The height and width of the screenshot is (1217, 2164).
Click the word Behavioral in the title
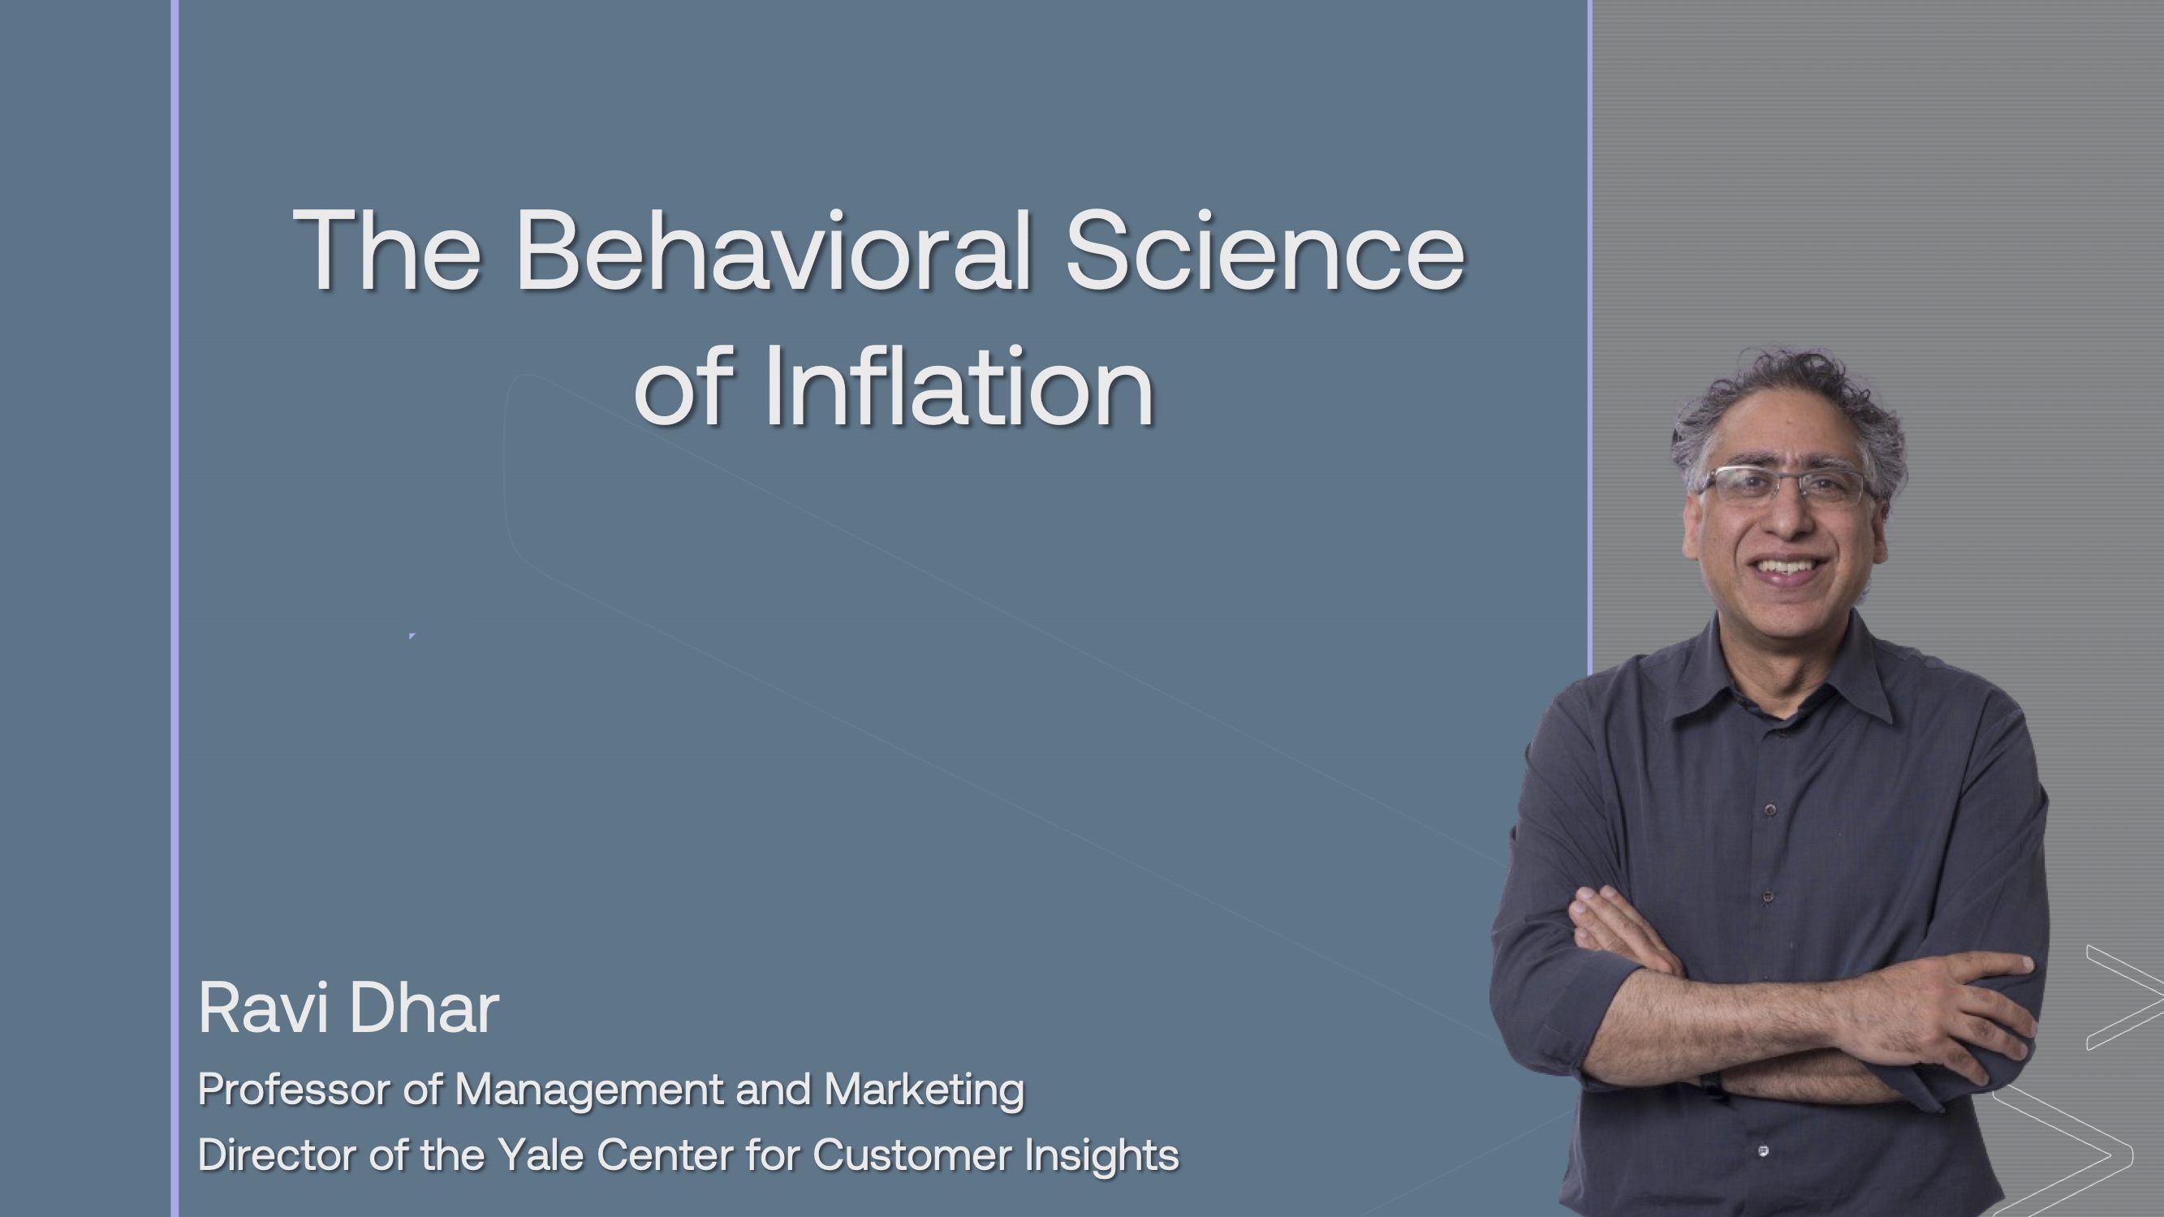tap(773, 250)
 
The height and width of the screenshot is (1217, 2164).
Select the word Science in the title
tap(1265, 250)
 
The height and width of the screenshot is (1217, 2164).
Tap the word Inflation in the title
tap(959, 388)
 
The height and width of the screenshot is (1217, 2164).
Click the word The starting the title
tap(387, 250)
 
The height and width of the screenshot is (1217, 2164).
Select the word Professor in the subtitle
tap(294, 1090)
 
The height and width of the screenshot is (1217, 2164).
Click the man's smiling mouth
tap(1789, 570)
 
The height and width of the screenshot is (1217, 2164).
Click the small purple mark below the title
tap(412, 636)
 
